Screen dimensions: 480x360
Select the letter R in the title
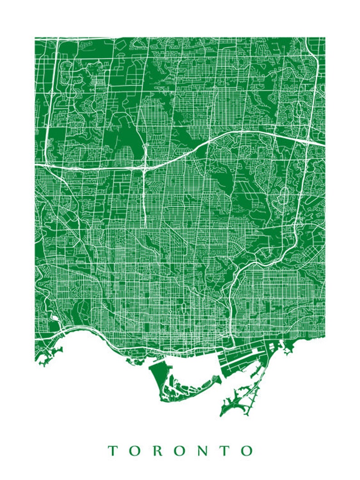tap(156, 451)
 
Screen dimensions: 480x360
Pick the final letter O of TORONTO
tap(246, 451)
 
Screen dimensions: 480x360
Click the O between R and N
tap(179, 451)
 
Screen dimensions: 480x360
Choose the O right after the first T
tap(133, 451)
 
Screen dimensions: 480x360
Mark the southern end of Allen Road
tap(145, 226)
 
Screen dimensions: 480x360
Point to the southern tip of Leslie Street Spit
tap(222, 413)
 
